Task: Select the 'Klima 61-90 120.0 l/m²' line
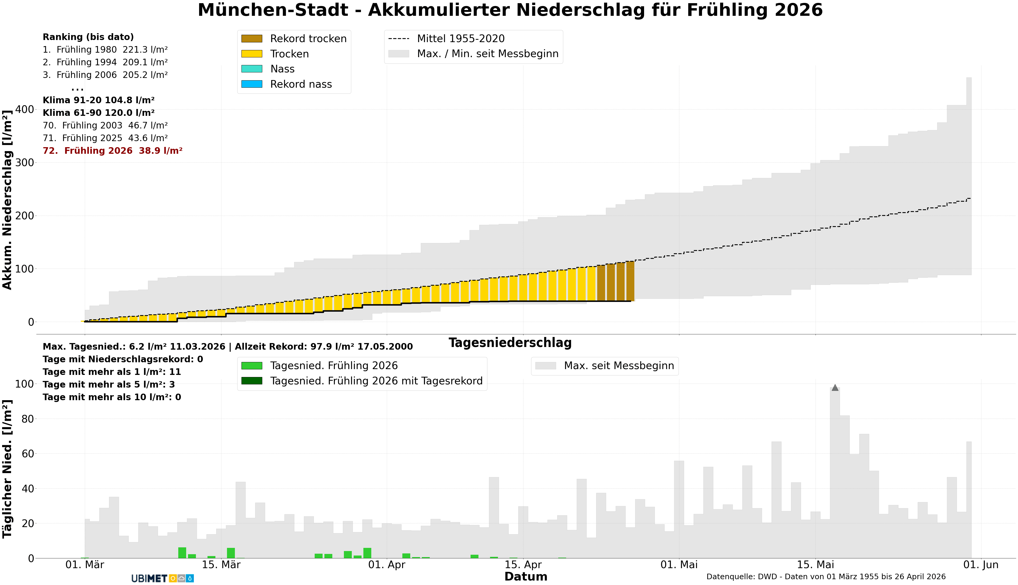pyautogui.click(x=98, y=113)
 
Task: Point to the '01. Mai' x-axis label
pyautogui.click(x=679, y=565)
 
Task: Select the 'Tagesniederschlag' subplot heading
pyautogui.click(x=510, y=343)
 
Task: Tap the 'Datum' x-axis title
pyautogui.click(x=526, y=577)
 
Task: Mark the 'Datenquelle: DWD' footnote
pyautogui.click(x=826, y=577)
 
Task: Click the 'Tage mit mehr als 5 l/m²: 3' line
pyautogui.click(x=108, y=384)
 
